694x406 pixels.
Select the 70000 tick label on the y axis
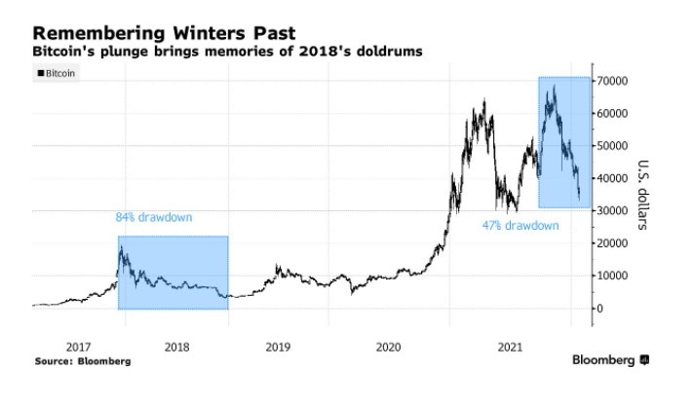(617, 81)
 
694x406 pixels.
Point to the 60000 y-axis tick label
(617, 113)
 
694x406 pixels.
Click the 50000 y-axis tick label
(617, 146)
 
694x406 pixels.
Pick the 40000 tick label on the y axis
(617, 178)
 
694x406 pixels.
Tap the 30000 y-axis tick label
(617, 210)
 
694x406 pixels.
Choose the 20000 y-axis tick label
(617, 243)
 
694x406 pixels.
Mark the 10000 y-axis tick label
(617, 276)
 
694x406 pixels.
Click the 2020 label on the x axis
(387, 346)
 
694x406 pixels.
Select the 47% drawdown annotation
(520, 225)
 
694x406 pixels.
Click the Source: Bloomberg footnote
(82, 360)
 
